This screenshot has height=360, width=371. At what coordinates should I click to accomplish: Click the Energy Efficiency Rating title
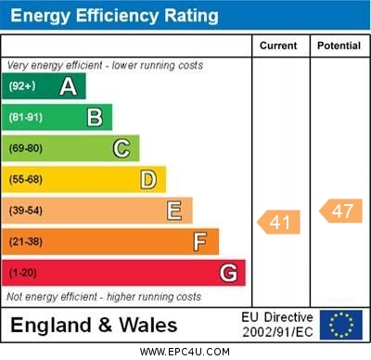[114, 16]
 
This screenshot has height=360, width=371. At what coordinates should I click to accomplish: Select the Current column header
[278, 45]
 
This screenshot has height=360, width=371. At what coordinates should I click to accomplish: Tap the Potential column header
[339, 45]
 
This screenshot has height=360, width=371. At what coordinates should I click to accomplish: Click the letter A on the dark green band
[68, 86]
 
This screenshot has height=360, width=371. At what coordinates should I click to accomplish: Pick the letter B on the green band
[95, 117]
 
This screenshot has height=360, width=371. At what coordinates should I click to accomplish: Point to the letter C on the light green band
[122, 148]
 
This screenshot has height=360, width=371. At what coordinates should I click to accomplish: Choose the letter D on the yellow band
[148, 179]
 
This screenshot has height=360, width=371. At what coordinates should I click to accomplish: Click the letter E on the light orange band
[174, 211]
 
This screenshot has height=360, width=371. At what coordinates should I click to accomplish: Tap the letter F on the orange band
[200, 242]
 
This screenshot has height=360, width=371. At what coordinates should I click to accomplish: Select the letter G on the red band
[228, 273]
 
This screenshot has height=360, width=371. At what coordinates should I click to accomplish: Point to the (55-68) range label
[26, 179]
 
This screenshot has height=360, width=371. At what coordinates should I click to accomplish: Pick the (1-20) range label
[23, 273]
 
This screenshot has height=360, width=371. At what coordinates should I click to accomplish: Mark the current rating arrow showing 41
[279, 222]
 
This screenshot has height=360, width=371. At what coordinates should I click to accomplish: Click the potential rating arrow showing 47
[340, 211]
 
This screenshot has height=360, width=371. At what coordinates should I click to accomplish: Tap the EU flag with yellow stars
[340, 325]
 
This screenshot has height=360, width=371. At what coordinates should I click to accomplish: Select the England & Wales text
[94, 325]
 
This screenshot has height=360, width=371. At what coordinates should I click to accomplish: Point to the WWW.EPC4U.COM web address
[185, 352]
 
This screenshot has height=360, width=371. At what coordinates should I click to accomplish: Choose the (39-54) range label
[26, 211]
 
